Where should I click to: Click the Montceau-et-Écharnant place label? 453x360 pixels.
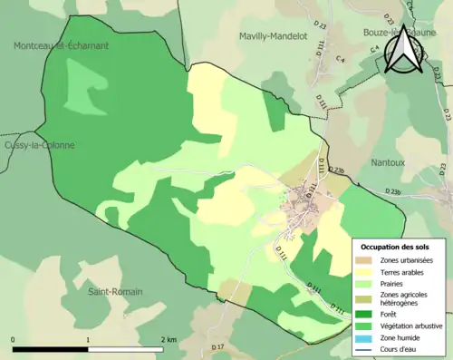(x=61, y=45)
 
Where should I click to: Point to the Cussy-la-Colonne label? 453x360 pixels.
(x=38, y=145)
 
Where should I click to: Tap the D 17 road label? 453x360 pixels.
(x=217, y=347)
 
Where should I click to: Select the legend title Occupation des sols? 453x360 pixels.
(x=395, y=247)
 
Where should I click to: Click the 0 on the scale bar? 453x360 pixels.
(x=14, y=339)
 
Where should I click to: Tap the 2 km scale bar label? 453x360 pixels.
(x=169, y=339)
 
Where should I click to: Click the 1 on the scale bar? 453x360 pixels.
(x=88, y=339)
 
